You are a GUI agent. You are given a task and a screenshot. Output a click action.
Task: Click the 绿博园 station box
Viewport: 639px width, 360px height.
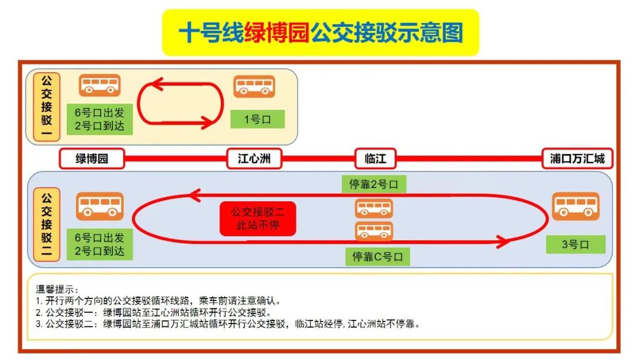[92, 159]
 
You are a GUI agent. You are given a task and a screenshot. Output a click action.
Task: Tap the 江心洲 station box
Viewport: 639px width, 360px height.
[254, 159]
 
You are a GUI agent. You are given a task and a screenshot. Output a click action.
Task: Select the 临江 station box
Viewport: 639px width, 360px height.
[375, 159]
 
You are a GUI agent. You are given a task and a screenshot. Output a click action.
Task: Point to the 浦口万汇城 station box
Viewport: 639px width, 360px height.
[577, 159]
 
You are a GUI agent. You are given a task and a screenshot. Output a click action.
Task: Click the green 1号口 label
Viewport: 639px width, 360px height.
[257, 120]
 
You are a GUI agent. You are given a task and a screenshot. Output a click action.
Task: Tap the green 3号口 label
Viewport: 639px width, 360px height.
[576, 244]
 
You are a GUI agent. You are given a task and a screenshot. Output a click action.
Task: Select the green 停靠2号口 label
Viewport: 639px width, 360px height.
[374, 184]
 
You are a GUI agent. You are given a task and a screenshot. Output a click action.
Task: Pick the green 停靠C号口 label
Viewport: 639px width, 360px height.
[377, 256]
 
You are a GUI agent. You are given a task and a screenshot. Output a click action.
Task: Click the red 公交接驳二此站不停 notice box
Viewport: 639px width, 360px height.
[257, 218]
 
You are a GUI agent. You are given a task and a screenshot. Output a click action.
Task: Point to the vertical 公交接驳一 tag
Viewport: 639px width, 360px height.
[47, 107]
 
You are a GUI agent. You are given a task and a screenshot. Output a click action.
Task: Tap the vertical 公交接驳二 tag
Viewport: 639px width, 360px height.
[47, 224]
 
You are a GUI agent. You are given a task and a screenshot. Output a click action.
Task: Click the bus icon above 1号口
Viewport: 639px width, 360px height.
[254, 86]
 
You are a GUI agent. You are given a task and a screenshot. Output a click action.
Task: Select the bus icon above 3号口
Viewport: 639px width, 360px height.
[576, 206]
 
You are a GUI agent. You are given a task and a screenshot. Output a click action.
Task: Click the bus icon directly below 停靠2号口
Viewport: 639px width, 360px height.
[374, 208]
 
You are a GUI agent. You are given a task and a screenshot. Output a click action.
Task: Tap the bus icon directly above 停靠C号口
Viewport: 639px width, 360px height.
[374, 231]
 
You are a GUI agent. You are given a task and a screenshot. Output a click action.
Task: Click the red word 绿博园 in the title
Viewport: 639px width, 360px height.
[277, 33]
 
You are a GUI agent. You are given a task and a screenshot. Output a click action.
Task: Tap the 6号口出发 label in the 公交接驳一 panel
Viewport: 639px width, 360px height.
[99, 112]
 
